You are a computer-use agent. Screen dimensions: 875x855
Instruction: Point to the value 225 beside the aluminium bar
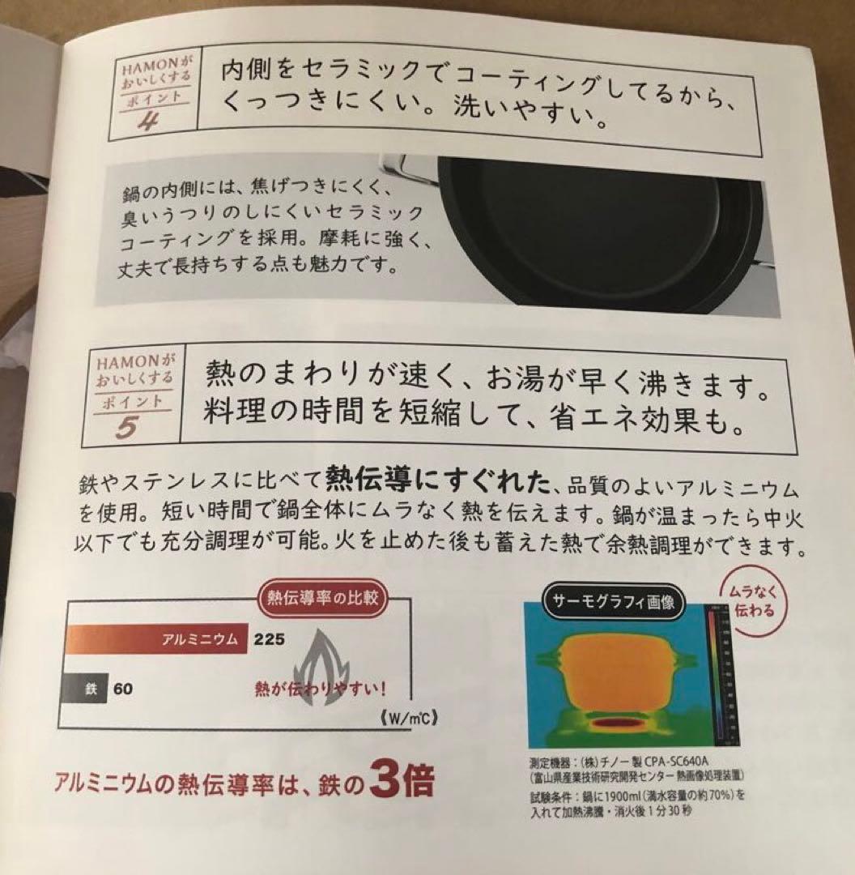tap(269, 639)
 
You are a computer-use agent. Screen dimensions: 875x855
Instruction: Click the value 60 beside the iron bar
tap(122, 689)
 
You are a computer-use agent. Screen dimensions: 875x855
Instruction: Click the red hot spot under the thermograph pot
tap(619, 722)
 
